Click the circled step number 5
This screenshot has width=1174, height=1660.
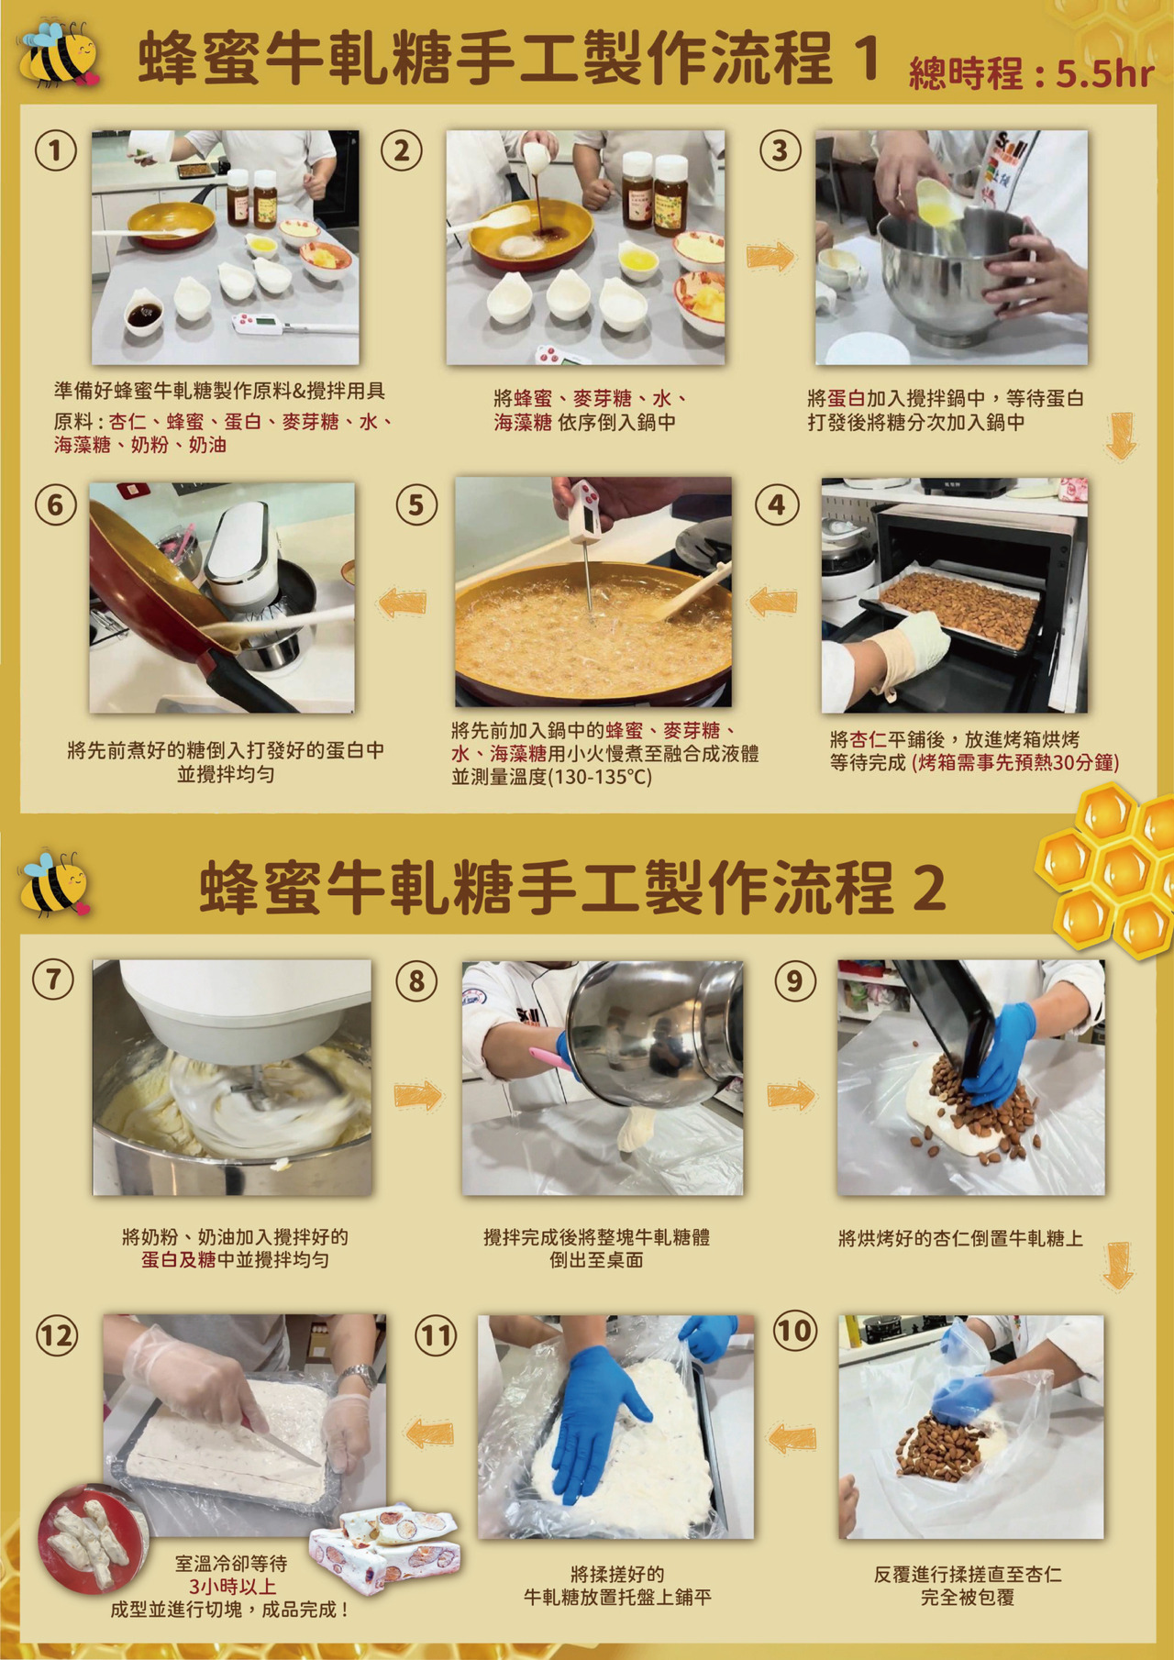coord(416,504)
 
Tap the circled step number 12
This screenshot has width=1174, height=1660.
coord(56,1335)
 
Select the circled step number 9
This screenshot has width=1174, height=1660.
coord(794,980)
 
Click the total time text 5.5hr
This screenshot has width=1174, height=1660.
coord(1104,73)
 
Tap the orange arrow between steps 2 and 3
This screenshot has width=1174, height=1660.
coord(770,257)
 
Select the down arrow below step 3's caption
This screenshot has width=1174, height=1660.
coord(1121,435)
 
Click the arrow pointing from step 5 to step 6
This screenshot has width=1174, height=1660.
coord(402,602)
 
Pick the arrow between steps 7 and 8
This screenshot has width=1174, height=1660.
coord(418,1095)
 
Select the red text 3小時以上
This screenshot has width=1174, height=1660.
coord(232,1587)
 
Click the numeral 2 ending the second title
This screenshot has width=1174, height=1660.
coord(928,888)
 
